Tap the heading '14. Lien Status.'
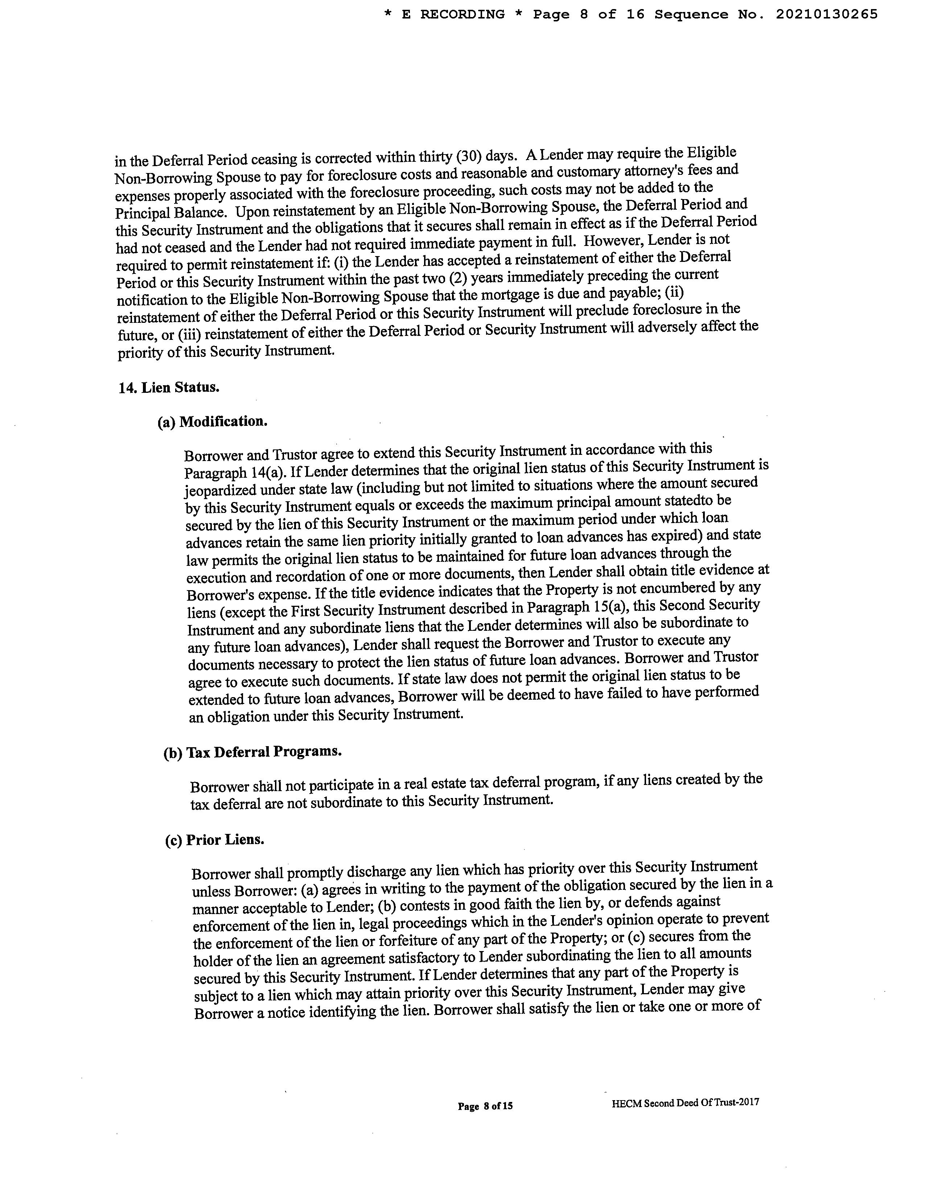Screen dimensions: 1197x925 click(x=169, y=387)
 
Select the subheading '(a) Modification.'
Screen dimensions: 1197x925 click(x=213, y=421)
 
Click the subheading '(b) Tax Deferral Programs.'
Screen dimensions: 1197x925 click(x=252, y=752)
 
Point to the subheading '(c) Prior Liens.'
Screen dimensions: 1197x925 click(x=215, y=840)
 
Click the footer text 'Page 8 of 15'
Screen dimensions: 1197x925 click(x=485, y=1106)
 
